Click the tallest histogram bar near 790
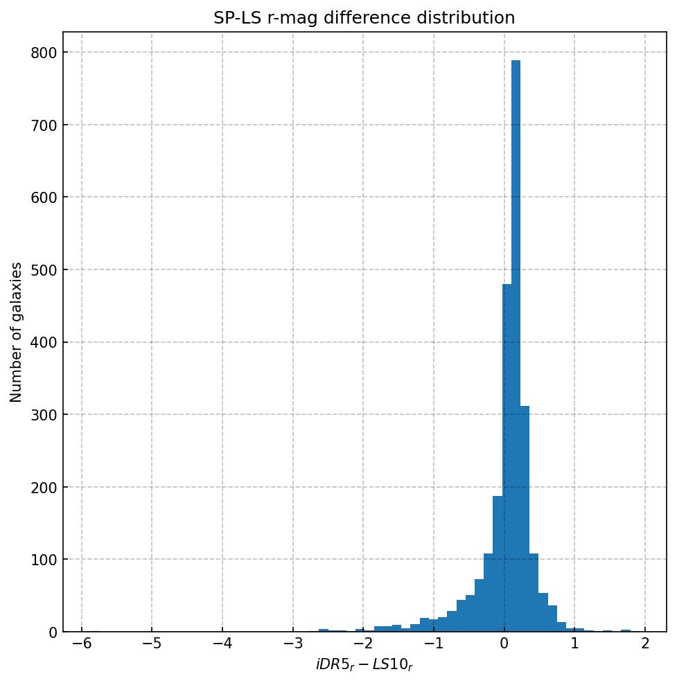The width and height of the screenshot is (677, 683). (x=516, y=346)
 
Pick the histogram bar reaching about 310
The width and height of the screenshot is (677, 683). (x=525, y=520)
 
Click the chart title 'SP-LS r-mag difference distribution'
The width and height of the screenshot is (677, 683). (x=364, y=18)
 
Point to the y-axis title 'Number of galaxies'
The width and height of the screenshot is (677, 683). (x=17, y=332)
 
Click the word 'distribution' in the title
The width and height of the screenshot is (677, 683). (x=471, y=18)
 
